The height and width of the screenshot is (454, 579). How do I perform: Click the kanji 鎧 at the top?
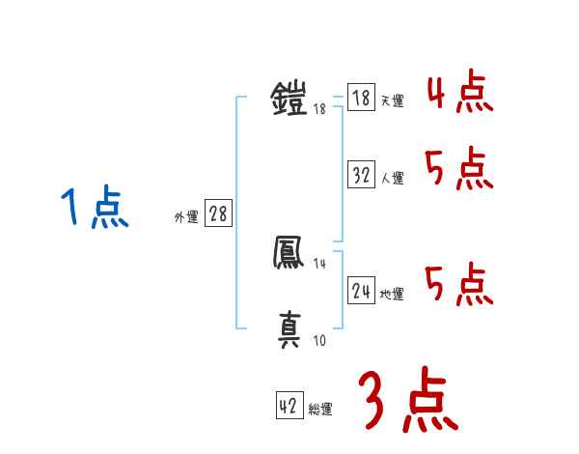click(x=289, y=99)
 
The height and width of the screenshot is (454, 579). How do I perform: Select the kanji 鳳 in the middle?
click(x=289, y=254)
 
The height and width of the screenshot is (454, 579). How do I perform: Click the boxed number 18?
click(x=361, y=98)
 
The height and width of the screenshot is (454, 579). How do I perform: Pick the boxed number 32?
click(x=361, y=176)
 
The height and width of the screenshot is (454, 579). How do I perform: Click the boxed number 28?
click(x=218, y=214)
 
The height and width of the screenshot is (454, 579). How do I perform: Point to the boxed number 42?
click(x=289, y=407)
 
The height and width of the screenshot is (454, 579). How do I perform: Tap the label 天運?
click(x=392, y=100)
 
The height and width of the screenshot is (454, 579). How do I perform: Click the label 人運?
click(x=392, y=178)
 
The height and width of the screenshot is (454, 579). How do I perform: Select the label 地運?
click(x=392, y=294)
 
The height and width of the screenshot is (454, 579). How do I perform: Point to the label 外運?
click(x=186, y=217)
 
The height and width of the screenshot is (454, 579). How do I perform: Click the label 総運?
click(x=320, y=410)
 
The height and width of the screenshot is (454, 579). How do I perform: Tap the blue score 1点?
click(x=96, y=210)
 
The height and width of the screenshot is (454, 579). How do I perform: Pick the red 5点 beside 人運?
click(x=459, y=172)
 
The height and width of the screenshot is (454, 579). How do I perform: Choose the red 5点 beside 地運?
click(x=459, y=285)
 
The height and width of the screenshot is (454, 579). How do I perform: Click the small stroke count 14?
click(x=320, y=264)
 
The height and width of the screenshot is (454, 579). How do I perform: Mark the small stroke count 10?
click(x=319, y=341)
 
